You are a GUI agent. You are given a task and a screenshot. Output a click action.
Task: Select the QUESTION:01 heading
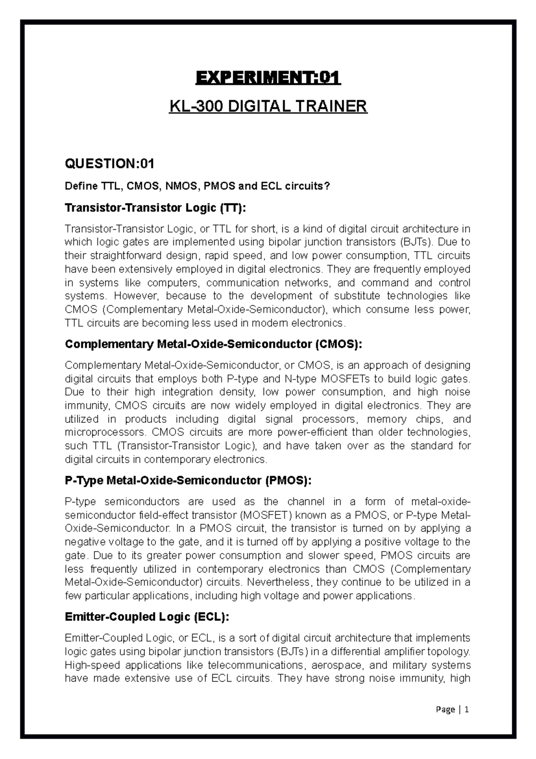109,164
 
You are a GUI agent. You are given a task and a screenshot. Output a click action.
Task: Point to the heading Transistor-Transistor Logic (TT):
155,208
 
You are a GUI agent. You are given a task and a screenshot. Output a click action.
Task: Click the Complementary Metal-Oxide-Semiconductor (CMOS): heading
214,344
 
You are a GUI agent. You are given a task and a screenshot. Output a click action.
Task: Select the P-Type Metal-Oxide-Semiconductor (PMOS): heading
188,481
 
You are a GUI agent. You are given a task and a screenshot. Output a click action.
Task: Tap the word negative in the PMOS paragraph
84,542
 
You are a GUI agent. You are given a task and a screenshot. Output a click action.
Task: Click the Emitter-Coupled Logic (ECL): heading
147,617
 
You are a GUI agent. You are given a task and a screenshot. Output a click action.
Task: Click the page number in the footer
467,709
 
